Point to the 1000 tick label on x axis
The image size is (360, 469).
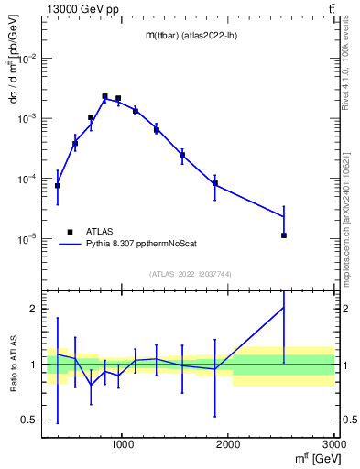click(x=122, y=446)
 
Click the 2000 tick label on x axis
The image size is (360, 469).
click(x=228, y=446)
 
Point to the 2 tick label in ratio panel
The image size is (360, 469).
click(x=34, y=310)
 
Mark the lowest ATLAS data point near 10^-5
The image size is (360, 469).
click(x=284, y=235)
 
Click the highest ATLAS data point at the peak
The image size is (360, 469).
click(x=104, y=96)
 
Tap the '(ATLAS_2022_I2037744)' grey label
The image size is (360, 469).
click(x=190, y=274)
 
